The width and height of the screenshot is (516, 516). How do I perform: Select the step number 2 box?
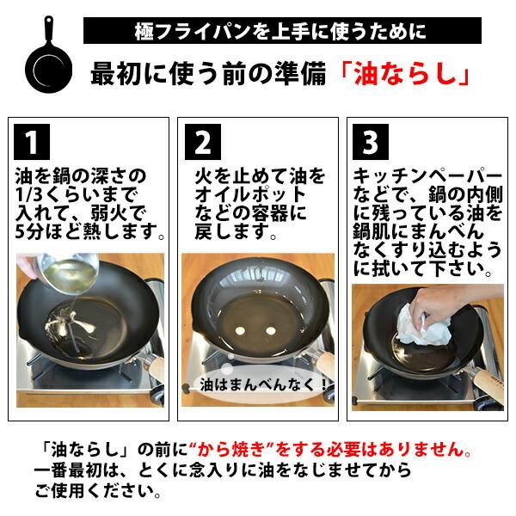[205, 141]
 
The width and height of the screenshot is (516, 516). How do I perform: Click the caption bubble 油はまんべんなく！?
[262, 384]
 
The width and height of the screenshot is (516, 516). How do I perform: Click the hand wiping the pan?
[427, 301]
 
